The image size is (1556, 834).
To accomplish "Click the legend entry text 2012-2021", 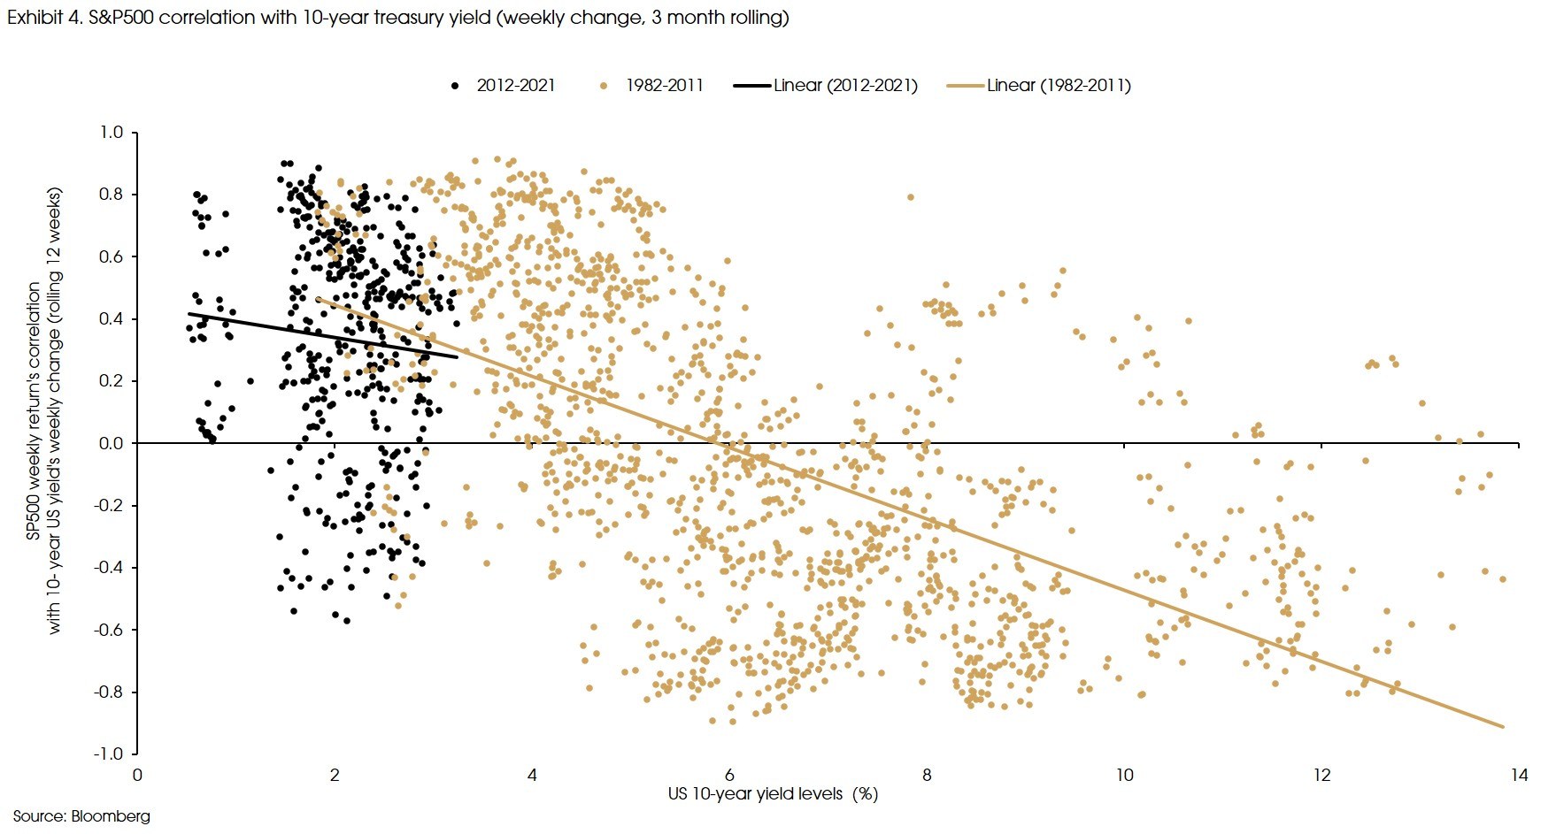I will [515, 86].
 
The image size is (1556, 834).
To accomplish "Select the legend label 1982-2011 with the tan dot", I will [664, 86].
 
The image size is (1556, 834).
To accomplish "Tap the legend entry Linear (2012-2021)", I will [844, 86].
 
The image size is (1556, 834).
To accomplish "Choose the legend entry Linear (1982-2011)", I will [1059, 86].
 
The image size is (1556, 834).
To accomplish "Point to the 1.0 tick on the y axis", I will [112, 133].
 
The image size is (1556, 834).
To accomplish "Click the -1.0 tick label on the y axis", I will [110, 754].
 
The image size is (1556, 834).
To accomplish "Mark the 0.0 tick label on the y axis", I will [112, 443].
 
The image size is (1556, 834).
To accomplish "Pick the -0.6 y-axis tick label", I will [110, 630].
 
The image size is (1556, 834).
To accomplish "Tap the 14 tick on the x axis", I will [1519, 775].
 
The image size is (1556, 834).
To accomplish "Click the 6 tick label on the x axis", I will [729, 775].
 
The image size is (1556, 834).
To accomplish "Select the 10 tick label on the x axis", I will [1124, 775].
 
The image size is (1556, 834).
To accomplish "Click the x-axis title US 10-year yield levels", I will [773, 793].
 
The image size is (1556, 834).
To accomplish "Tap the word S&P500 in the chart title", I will [120, 17].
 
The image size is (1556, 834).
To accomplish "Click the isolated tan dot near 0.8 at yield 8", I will [910, 197].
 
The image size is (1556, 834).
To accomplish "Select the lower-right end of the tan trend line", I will [1503, 727].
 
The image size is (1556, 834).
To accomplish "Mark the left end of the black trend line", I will [189, 313].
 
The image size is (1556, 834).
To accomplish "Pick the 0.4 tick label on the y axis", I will [112, 319].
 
